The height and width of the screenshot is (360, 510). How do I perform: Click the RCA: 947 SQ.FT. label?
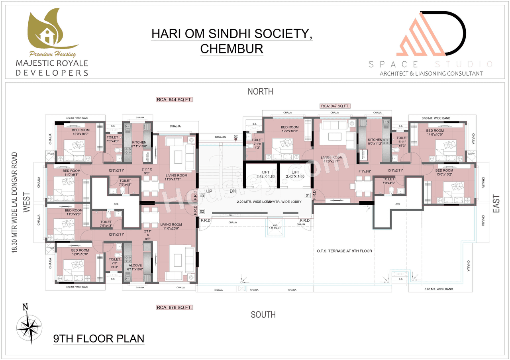(x=335, y=106)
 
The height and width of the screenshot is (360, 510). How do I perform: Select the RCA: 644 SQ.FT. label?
(x=174, y=100)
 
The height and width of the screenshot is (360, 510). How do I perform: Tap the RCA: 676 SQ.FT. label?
(x=174, y=307)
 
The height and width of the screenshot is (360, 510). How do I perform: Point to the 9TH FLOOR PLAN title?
(x=98, y=339)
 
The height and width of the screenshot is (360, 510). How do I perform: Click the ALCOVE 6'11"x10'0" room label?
(x=135, y=267)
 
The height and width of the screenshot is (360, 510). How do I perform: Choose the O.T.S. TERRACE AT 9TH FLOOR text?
(x=344, y=251)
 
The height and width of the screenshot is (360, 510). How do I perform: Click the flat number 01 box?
(x=308, y=196)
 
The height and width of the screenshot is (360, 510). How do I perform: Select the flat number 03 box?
(x=202, y=196)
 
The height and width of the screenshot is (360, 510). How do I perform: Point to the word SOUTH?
(x=263, y=315)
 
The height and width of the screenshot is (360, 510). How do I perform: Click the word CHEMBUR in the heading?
(x=231, y=49)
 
